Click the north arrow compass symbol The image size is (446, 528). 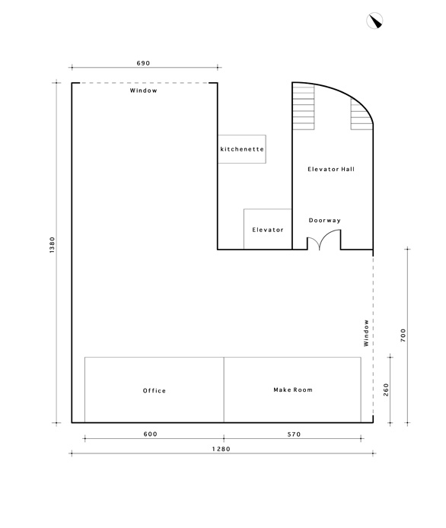pos(374,21)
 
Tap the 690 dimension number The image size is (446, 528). pos(143,63)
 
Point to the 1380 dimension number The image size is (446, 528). pos(52,245)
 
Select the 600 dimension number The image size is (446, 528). pos(150,434)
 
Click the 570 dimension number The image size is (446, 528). pos(294,434)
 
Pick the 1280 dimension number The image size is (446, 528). pos(221,449)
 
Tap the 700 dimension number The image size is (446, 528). pos(403,336)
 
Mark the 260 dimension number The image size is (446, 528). pos(386,390)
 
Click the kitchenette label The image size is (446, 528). pos(242,149)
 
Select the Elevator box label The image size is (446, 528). pos(268,230)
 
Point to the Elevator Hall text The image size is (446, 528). pos(331,169)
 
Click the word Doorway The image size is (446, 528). pos(325,221)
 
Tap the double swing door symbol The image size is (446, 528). pos(324,240)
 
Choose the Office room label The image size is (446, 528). pos(155,390)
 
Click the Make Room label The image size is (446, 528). pos(293,390)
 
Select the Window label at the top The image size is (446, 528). pos(144,91)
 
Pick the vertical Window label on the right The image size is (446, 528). pos(366,333)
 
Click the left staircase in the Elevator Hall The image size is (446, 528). pos(304,107)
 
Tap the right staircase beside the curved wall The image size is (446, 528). pos(362,114)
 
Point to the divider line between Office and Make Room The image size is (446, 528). pos(224,390)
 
